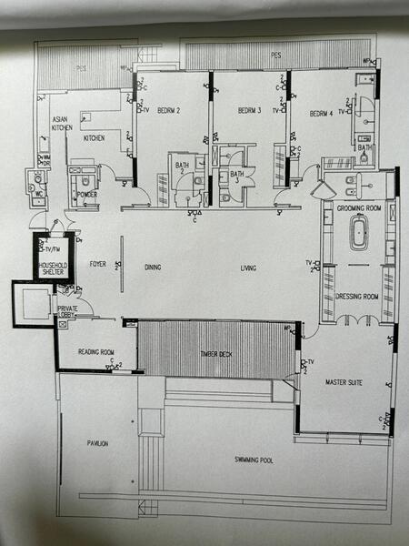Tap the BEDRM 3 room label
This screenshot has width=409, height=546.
click(x=249, y=111)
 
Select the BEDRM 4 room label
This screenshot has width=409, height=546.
click(x=321, y=114)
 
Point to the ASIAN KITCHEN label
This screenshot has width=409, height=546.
click(x=62, y=124)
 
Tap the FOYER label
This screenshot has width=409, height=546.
click(x=97, y=266)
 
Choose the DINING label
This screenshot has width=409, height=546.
click(x=153, y=268)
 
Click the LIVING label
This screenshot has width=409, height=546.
click(x=248, y=268)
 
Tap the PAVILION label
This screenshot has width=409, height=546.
click(x=97, y=443)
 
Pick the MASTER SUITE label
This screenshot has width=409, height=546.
click(x=344, y=382)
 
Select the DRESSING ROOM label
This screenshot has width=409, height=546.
click(x=357, y=297)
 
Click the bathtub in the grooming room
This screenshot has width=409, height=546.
click(x=358, y=233)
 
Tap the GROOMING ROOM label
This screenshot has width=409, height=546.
click(x=357, y=208)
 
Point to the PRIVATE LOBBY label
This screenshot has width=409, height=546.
click(x=68, y=312)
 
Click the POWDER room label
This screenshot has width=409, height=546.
click(x=88, y=194)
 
